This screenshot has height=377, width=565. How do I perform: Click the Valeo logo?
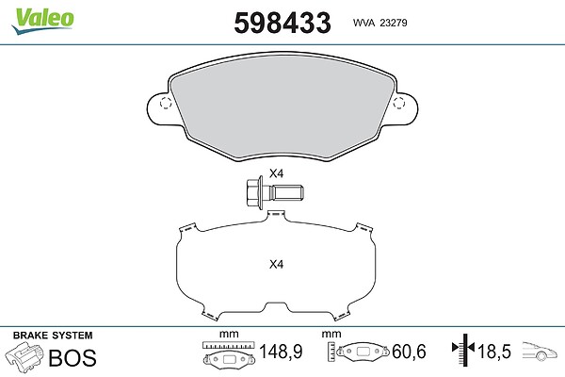[x=42, y=21]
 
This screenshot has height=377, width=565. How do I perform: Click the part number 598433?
[x=282, y=23]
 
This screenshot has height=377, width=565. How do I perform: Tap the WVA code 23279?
[x=394, y=23]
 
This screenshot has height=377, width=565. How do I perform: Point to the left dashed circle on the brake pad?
[x=166, y=103]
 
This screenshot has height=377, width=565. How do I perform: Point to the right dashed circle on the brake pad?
[x=399, y=103]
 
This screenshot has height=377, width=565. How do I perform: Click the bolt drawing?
[x=274, y=191]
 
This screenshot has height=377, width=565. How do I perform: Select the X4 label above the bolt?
[x=276, y=173]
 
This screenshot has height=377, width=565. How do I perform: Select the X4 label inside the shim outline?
[x=276, y=265]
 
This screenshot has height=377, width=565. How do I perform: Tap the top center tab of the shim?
[x=276, y=214]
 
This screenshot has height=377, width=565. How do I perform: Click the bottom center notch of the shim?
[x=276, y=306]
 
